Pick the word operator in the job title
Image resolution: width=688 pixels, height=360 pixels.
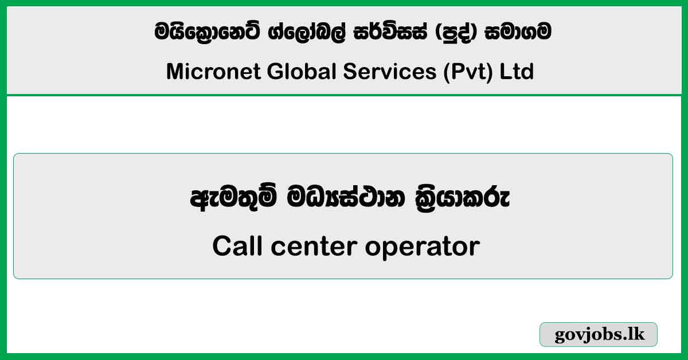tap(422, 247)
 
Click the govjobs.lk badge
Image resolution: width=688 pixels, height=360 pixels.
tap(599, 335)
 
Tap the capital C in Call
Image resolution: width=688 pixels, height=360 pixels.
tap(221, 247)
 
